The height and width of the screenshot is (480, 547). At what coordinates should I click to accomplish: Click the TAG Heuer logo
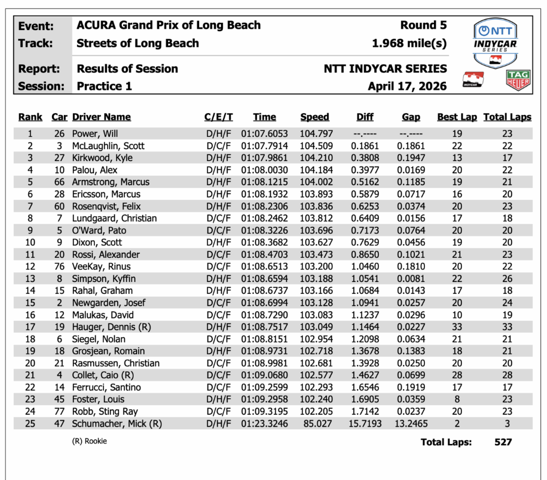(518, 80)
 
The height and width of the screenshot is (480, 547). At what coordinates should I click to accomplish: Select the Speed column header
(315, 117)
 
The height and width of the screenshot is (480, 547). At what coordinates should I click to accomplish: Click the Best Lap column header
(457, 117)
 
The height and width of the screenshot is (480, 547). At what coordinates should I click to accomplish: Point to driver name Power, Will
(95, 134)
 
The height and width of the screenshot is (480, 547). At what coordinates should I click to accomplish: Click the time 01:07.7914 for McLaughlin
(264, 146)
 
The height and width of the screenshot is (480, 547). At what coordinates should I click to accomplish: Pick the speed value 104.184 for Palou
(316, 170)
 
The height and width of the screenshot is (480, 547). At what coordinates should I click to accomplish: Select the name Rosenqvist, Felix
(106, 206)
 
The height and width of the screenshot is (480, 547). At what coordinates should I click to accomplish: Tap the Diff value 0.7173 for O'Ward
(365, 230)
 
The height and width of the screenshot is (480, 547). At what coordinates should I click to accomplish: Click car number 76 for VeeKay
(59, 266)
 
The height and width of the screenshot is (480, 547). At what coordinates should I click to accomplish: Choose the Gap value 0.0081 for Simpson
(411, 279)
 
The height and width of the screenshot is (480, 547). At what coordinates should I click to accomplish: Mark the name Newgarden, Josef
(108, 303)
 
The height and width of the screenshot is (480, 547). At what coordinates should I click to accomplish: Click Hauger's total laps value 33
(507, 327)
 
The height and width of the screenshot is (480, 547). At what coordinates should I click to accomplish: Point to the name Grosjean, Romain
(108, 351)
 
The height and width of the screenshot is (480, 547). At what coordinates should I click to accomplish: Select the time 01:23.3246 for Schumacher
(264, 424)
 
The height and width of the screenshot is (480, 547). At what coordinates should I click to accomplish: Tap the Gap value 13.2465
(411, 424)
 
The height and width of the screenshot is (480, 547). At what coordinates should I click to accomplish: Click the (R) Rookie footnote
(89, 441)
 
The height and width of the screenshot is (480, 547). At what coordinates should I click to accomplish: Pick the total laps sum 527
(503, 442)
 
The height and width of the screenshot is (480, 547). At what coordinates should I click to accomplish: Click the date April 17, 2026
(407, 86)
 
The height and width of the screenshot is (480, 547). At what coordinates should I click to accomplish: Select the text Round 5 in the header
(423, 25)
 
